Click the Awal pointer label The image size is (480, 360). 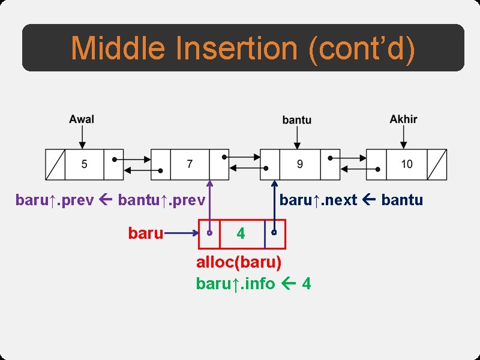[82, 119]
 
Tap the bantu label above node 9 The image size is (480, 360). [297, 120]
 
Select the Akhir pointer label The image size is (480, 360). [403, 119]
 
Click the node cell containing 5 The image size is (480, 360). [84, 164]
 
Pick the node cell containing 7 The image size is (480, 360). [190, 164]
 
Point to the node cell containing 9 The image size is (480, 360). [299, 164]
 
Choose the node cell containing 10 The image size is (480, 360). [407, 164]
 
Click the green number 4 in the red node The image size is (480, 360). [241, 234]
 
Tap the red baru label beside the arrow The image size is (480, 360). [145, 233]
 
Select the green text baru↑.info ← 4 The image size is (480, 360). [253, 283]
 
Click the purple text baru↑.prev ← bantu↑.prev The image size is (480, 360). [110, 200]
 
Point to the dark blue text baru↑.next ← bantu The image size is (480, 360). [351, 200]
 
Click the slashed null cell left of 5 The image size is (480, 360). [55, 164]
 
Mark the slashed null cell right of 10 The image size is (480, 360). [437, 164]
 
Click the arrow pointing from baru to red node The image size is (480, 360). [182, 233]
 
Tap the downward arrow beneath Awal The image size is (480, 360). [82, 137]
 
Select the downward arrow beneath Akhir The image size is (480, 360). [404, 137]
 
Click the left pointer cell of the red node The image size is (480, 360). [209, 234]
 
